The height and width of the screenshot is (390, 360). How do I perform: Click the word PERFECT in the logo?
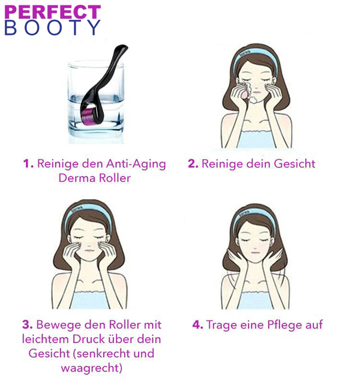pyautogui.click(x=52, y=12)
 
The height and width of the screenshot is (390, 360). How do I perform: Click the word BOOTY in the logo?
pyautogui.click(x=52, y=28)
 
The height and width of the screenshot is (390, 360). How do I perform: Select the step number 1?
pyautogui.click(x=28, y=164)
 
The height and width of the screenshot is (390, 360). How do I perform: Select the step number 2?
pyautogui.click(x=193, y=164)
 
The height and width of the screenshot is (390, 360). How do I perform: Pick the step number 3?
pyautogui.click(x=28, y=325)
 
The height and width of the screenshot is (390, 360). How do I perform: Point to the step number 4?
pyautogui.click(x=198, y=325)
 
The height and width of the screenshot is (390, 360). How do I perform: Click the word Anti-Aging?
pyautogui.click(x=136, y=164)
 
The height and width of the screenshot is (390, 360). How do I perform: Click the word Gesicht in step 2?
pyautogui.click(x=295, y=164)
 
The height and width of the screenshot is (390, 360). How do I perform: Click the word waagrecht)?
pyautogui.click(x=92, y=368)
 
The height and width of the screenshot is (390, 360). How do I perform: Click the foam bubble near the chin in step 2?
pyautogui.click(x=253, y=100)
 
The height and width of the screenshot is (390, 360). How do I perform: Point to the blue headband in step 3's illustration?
pyautogui.click(x=88, y=214)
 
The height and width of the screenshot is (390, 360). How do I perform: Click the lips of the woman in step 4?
pyautogui.click(x=255, y=253)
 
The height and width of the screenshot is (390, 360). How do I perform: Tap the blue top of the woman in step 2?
pyautogui.click(x=256, y=139)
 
